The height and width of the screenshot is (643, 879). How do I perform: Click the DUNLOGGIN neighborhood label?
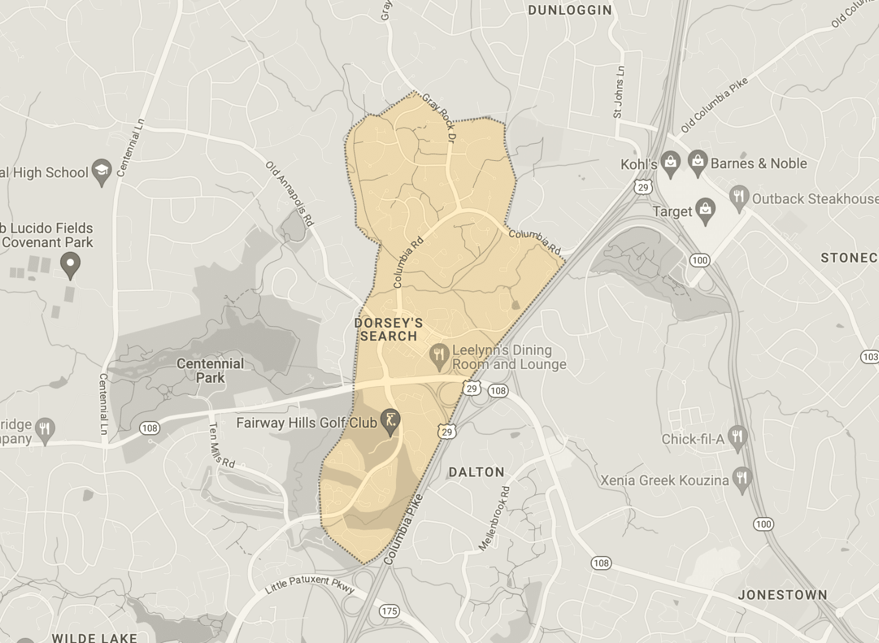coord(569,10)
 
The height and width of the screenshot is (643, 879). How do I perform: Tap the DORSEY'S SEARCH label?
coord(389,330)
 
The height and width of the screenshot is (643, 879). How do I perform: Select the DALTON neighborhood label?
coord(476,472)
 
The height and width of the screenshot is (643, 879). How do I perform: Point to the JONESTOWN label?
coord(782,595)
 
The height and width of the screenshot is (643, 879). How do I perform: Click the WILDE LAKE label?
coord(94,637)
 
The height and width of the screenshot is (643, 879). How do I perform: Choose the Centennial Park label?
coord(210,371)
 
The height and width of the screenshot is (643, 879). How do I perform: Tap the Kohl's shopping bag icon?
coord(670,164)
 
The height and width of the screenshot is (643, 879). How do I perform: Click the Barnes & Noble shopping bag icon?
coord(698,162)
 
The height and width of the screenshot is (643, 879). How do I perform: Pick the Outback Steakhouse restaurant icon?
coord(739,198)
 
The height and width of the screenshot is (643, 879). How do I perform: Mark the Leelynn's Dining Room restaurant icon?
coord(439,356)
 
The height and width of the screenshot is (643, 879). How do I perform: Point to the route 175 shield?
coord(389,611)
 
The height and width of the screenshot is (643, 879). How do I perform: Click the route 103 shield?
coord(870,357)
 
